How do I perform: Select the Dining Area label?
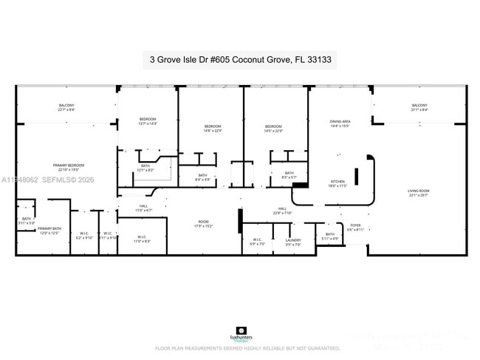pyautogui.click(x=340, y=123)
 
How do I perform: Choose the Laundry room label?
pyautogui.click(x=293, y=241)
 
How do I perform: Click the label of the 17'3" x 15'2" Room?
pyautogui.click(x=204, y=224)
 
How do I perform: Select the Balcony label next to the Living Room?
pyautogui.click(x=419, y=108)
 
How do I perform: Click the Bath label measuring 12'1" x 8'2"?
pyautogui.click(x=145, y=168)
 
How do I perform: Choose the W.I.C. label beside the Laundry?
pyautogui.click(x=258, y=241)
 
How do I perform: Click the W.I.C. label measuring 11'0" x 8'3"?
pyautogui.click(x=142, y=239)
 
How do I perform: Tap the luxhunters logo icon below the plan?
pyautogui.click(x=241, y=331)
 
